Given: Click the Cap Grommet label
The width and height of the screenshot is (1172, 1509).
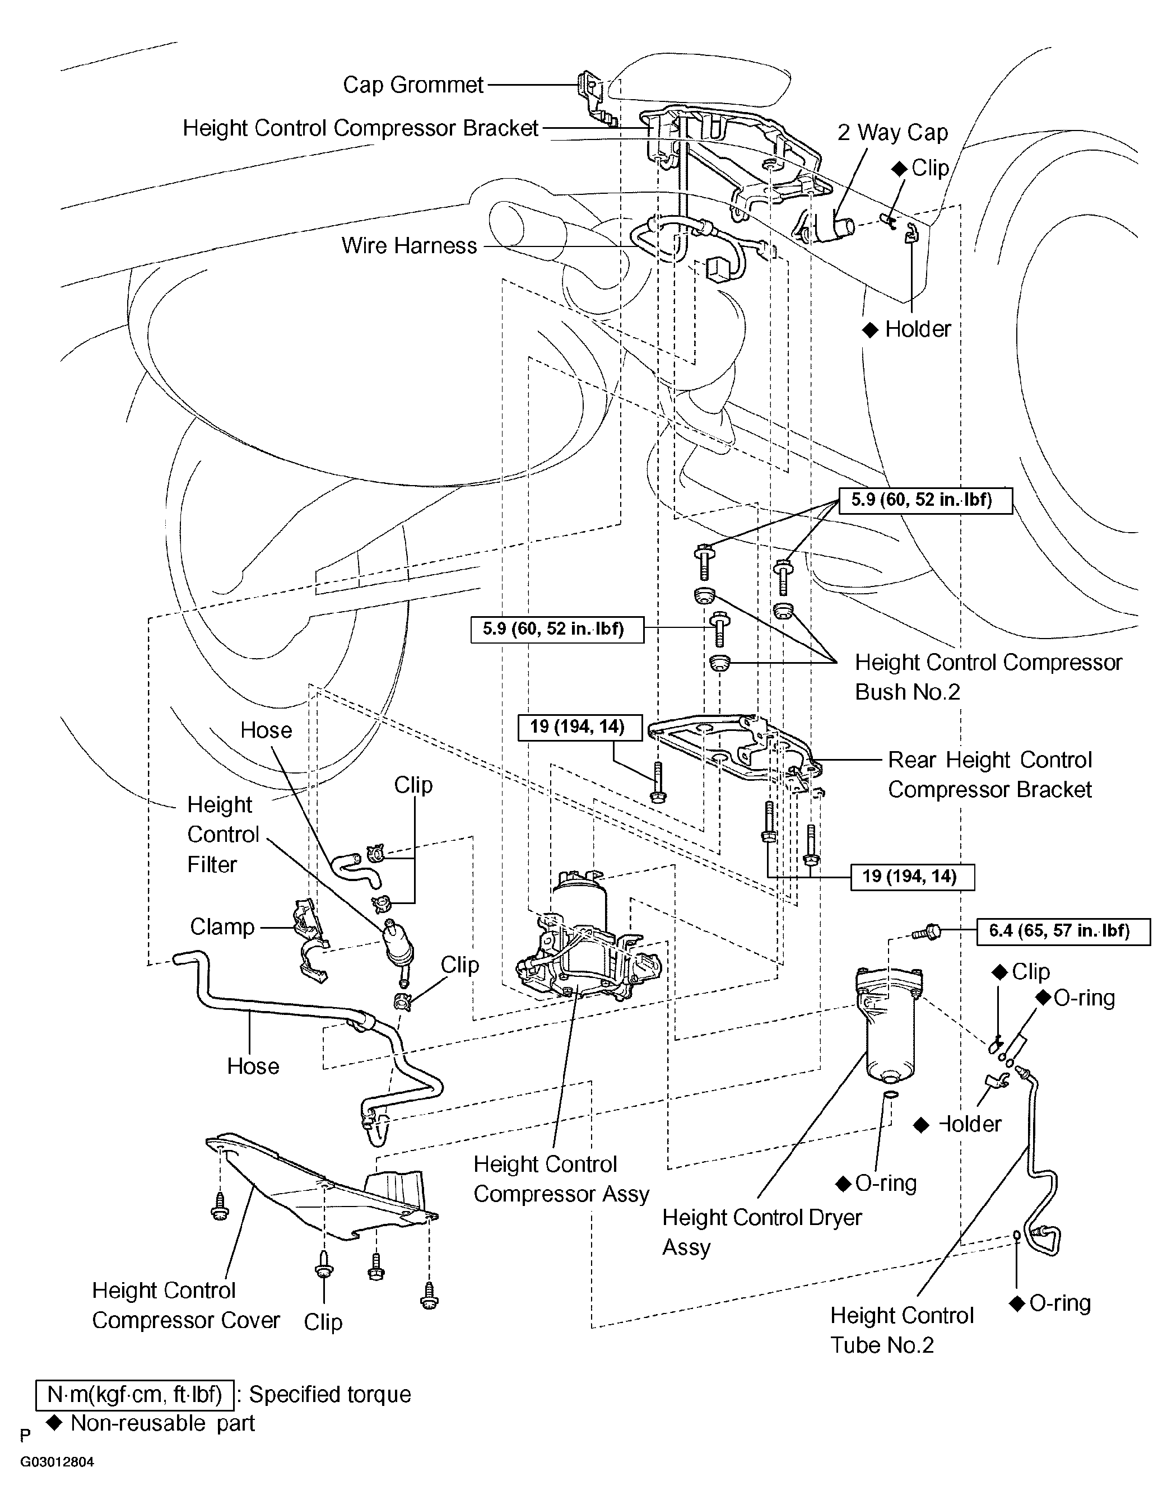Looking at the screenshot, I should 413,85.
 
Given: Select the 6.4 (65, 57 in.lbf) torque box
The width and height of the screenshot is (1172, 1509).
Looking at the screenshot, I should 1063,931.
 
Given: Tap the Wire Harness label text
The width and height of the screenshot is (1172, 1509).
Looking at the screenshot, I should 409,246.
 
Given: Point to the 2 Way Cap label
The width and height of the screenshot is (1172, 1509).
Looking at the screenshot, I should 892,133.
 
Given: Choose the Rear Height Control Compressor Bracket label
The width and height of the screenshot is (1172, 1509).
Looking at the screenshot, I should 989,775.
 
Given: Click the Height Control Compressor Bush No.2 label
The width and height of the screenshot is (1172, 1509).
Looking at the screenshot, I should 988,677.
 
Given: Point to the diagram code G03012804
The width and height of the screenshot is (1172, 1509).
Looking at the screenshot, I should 57,1462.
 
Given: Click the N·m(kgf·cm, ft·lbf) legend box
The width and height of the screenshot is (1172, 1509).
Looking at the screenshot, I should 135,1394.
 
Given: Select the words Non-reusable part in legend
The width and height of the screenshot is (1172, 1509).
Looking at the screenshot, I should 163,1423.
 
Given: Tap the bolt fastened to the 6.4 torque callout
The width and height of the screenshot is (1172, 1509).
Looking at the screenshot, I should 926,933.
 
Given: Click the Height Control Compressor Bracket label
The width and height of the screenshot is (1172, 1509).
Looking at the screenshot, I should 360,128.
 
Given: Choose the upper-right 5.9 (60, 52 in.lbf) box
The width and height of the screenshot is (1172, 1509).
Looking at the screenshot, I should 925,500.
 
